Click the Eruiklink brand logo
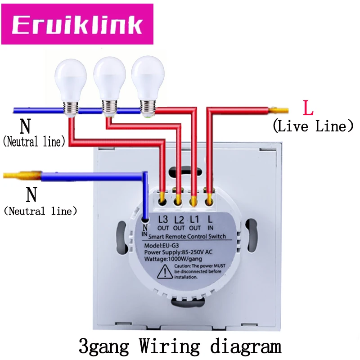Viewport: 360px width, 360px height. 77,24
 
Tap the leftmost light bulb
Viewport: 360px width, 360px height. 71,88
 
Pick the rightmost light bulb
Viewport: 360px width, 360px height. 148,86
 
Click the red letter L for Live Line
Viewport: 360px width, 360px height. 308,108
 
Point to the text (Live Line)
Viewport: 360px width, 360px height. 313,126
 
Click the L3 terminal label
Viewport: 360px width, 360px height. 163,223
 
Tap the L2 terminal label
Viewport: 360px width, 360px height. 179,223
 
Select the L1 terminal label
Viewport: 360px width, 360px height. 195,223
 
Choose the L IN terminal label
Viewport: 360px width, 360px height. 210,223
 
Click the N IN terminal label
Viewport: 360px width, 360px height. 144,230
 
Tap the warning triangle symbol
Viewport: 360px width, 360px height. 165,272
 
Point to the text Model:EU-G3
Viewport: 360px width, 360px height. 162,245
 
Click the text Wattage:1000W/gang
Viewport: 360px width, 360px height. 173,259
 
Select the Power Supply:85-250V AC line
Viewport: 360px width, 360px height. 178,252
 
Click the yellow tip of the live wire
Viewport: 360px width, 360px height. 279,110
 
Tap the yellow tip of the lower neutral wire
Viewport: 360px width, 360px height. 22,175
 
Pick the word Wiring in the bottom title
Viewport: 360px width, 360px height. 170,346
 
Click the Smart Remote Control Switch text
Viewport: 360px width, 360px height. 187,237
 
